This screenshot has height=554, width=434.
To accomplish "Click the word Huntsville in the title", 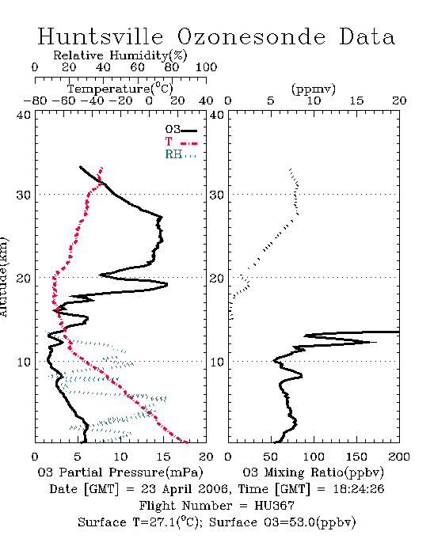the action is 101,36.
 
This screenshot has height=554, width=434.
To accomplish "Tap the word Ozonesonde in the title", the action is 251,36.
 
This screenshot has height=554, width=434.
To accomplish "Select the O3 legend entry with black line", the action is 181,130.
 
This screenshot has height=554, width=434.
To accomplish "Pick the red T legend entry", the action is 181,142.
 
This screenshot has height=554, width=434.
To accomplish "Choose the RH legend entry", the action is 181,155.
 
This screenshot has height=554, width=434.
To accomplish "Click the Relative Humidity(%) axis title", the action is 120,55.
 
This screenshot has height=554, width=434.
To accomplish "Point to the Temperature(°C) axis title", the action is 120,89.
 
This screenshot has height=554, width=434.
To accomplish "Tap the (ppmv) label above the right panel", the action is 314,89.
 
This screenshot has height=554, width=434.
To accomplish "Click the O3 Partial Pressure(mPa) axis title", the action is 120,472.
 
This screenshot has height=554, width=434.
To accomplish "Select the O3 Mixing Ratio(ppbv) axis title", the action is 313,472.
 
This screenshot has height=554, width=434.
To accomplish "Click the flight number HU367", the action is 275,506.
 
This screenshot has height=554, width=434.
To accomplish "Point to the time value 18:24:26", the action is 359,489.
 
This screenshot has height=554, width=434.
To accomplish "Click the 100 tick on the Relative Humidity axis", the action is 206,67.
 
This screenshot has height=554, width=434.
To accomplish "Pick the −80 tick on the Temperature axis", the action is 35,101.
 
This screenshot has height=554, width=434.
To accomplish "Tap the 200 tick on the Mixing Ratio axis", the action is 399,457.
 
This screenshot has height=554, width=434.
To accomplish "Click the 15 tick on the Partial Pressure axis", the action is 163,457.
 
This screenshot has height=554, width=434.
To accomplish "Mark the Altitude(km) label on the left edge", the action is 3,278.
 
